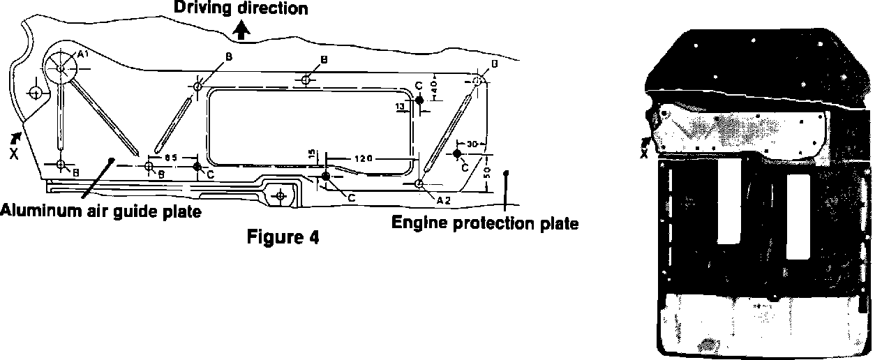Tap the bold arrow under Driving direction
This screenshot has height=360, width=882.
pos(241,29)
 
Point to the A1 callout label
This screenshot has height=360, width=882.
pos(82,54)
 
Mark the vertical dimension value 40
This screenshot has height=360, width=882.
pos(435,89)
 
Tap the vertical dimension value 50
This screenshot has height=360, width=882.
pos(486,172)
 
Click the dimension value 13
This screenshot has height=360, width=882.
pos(400,106)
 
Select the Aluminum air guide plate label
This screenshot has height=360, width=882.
pos(101,210)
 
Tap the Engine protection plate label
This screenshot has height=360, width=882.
pos(484,224)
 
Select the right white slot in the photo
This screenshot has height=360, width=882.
pos(798,216)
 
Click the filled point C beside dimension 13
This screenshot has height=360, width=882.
pos(419,101)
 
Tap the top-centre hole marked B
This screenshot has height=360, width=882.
pos(306,80)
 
